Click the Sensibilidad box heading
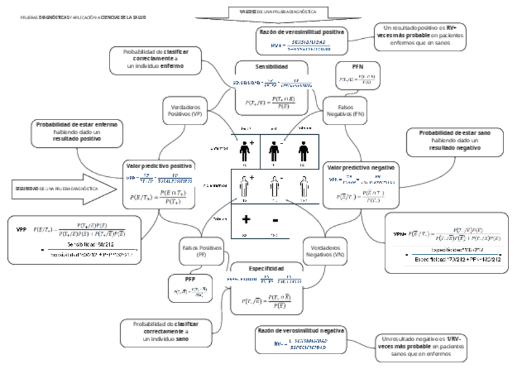271,66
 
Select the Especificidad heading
265,269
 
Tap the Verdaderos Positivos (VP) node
185,110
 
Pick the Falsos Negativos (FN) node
345,110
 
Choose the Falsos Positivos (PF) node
198,250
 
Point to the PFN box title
358,67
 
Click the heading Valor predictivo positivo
160,166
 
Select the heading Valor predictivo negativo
361,168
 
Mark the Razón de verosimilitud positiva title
301,31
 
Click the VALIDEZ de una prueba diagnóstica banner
278,12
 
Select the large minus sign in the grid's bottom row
275,221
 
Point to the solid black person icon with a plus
245,150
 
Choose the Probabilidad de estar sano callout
455,140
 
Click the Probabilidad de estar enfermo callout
76,132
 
